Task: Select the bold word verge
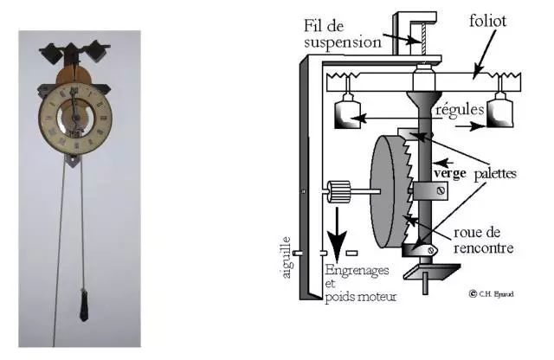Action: pos(454,172)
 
